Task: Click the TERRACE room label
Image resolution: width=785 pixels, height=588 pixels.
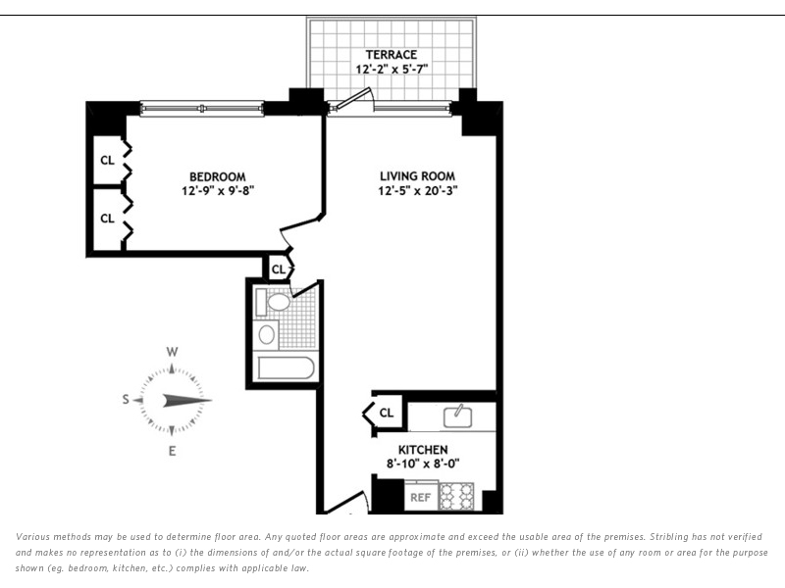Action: (392, 54)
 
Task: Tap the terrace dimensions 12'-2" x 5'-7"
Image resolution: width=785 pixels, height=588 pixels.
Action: (392, 70)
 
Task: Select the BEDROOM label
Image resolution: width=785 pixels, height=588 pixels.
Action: (213, 176)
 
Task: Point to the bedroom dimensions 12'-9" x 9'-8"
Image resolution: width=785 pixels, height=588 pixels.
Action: (213, 191)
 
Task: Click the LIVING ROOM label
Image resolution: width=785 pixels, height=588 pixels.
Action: (417, 176)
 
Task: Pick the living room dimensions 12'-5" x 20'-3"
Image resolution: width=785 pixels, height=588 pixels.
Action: (417, 191)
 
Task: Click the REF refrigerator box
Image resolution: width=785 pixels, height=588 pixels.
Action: (421, 497)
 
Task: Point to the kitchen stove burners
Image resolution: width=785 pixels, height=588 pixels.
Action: (456, 497)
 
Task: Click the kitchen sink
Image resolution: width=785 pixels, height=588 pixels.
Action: (457, 416)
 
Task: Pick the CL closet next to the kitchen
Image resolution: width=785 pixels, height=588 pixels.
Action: (387, 413)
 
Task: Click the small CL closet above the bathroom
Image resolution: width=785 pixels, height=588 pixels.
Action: (279, 269)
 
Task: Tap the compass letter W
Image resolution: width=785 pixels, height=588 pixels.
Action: (172, 352)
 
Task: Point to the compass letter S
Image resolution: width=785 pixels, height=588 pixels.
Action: (126, 399)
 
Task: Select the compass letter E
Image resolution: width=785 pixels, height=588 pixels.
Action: (172, 451)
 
